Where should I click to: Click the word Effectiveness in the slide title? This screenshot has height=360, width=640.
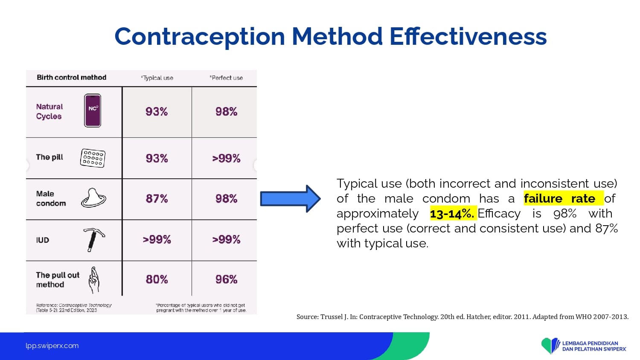(468, 37)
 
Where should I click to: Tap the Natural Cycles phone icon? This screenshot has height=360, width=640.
(93, 110)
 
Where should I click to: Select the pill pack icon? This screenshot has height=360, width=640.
(93, 158)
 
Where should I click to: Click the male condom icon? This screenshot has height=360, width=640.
(93, 197)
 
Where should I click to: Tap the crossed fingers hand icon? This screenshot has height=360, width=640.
(94, 280)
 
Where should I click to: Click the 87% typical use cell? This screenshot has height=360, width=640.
(157, 199)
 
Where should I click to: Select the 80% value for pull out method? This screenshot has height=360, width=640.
(157, 279)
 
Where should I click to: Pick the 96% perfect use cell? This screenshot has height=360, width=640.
(226, 279)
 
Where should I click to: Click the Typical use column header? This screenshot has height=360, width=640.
(157, 78)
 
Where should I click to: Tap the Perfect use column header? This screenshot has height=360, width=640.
(226, 78)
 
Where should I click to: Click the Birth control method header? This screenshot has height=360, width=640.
(71, 78)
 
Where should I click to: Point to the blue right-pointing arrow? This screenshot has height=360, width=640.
(290, 199)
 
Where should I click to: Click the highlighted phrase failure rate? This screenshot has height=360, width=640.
(560, 198)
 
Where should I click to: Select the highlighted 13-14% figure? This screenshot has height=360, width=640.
(452, 213)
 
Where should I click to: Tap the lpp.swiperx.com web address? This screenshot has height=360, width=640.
(52, 346)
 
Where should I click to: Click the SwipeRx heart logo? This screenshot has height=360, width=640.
(550, 345)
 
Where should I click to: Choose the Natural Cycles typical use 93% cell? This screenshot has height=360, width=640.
(157, 111)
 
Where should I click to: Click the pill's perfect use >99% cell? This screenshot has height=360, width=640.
(226, 158)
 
